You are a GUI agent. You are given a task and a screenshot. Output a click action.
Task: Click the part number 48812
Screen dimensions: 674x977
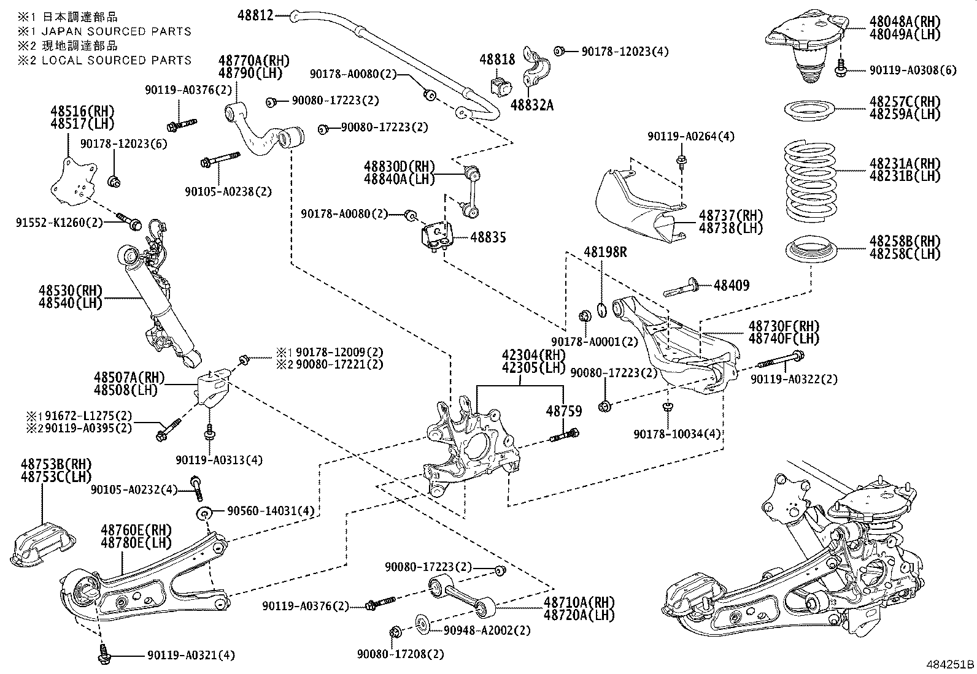click(x=255, y=15)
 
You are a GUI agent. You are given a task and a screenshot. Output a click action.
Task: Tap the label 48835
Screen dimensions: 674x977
click(x=488, y=237)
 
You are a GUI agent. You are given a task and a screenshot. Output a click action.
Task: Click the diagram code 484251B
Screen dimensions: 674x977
click(x=950, y=664)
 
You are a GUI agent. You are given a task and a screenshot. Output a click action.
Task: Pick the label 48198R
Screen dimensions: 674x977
click(x=605, y=252)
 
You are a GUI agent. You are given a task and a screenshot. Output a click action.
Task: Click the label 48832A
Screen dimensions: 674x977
click(x=532, y=105)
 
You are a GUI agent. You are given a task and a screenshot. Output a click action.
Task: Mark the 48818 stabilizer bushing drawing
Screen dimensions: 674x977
click(x=501, y=86)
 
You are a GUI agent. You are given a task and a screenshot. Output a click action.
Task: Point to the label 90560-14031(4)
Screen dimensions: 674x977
click(x=271, y=511)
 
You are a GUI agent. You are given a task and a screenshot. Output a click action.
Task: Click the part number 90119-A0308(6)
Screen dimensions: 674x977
click(x=913, y=71)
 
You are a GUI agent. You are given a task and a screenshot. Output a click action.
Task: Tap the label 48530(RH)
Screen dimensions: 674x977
click(x=70, y=291)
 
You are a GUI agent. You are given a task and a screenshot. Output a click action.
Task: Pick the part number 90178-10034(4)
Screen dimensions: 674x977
click(x=677, y=434)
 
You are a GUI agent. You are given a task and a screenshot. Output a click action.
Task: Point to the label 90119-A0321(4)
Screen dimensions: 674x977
click(x=191, y=656)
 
